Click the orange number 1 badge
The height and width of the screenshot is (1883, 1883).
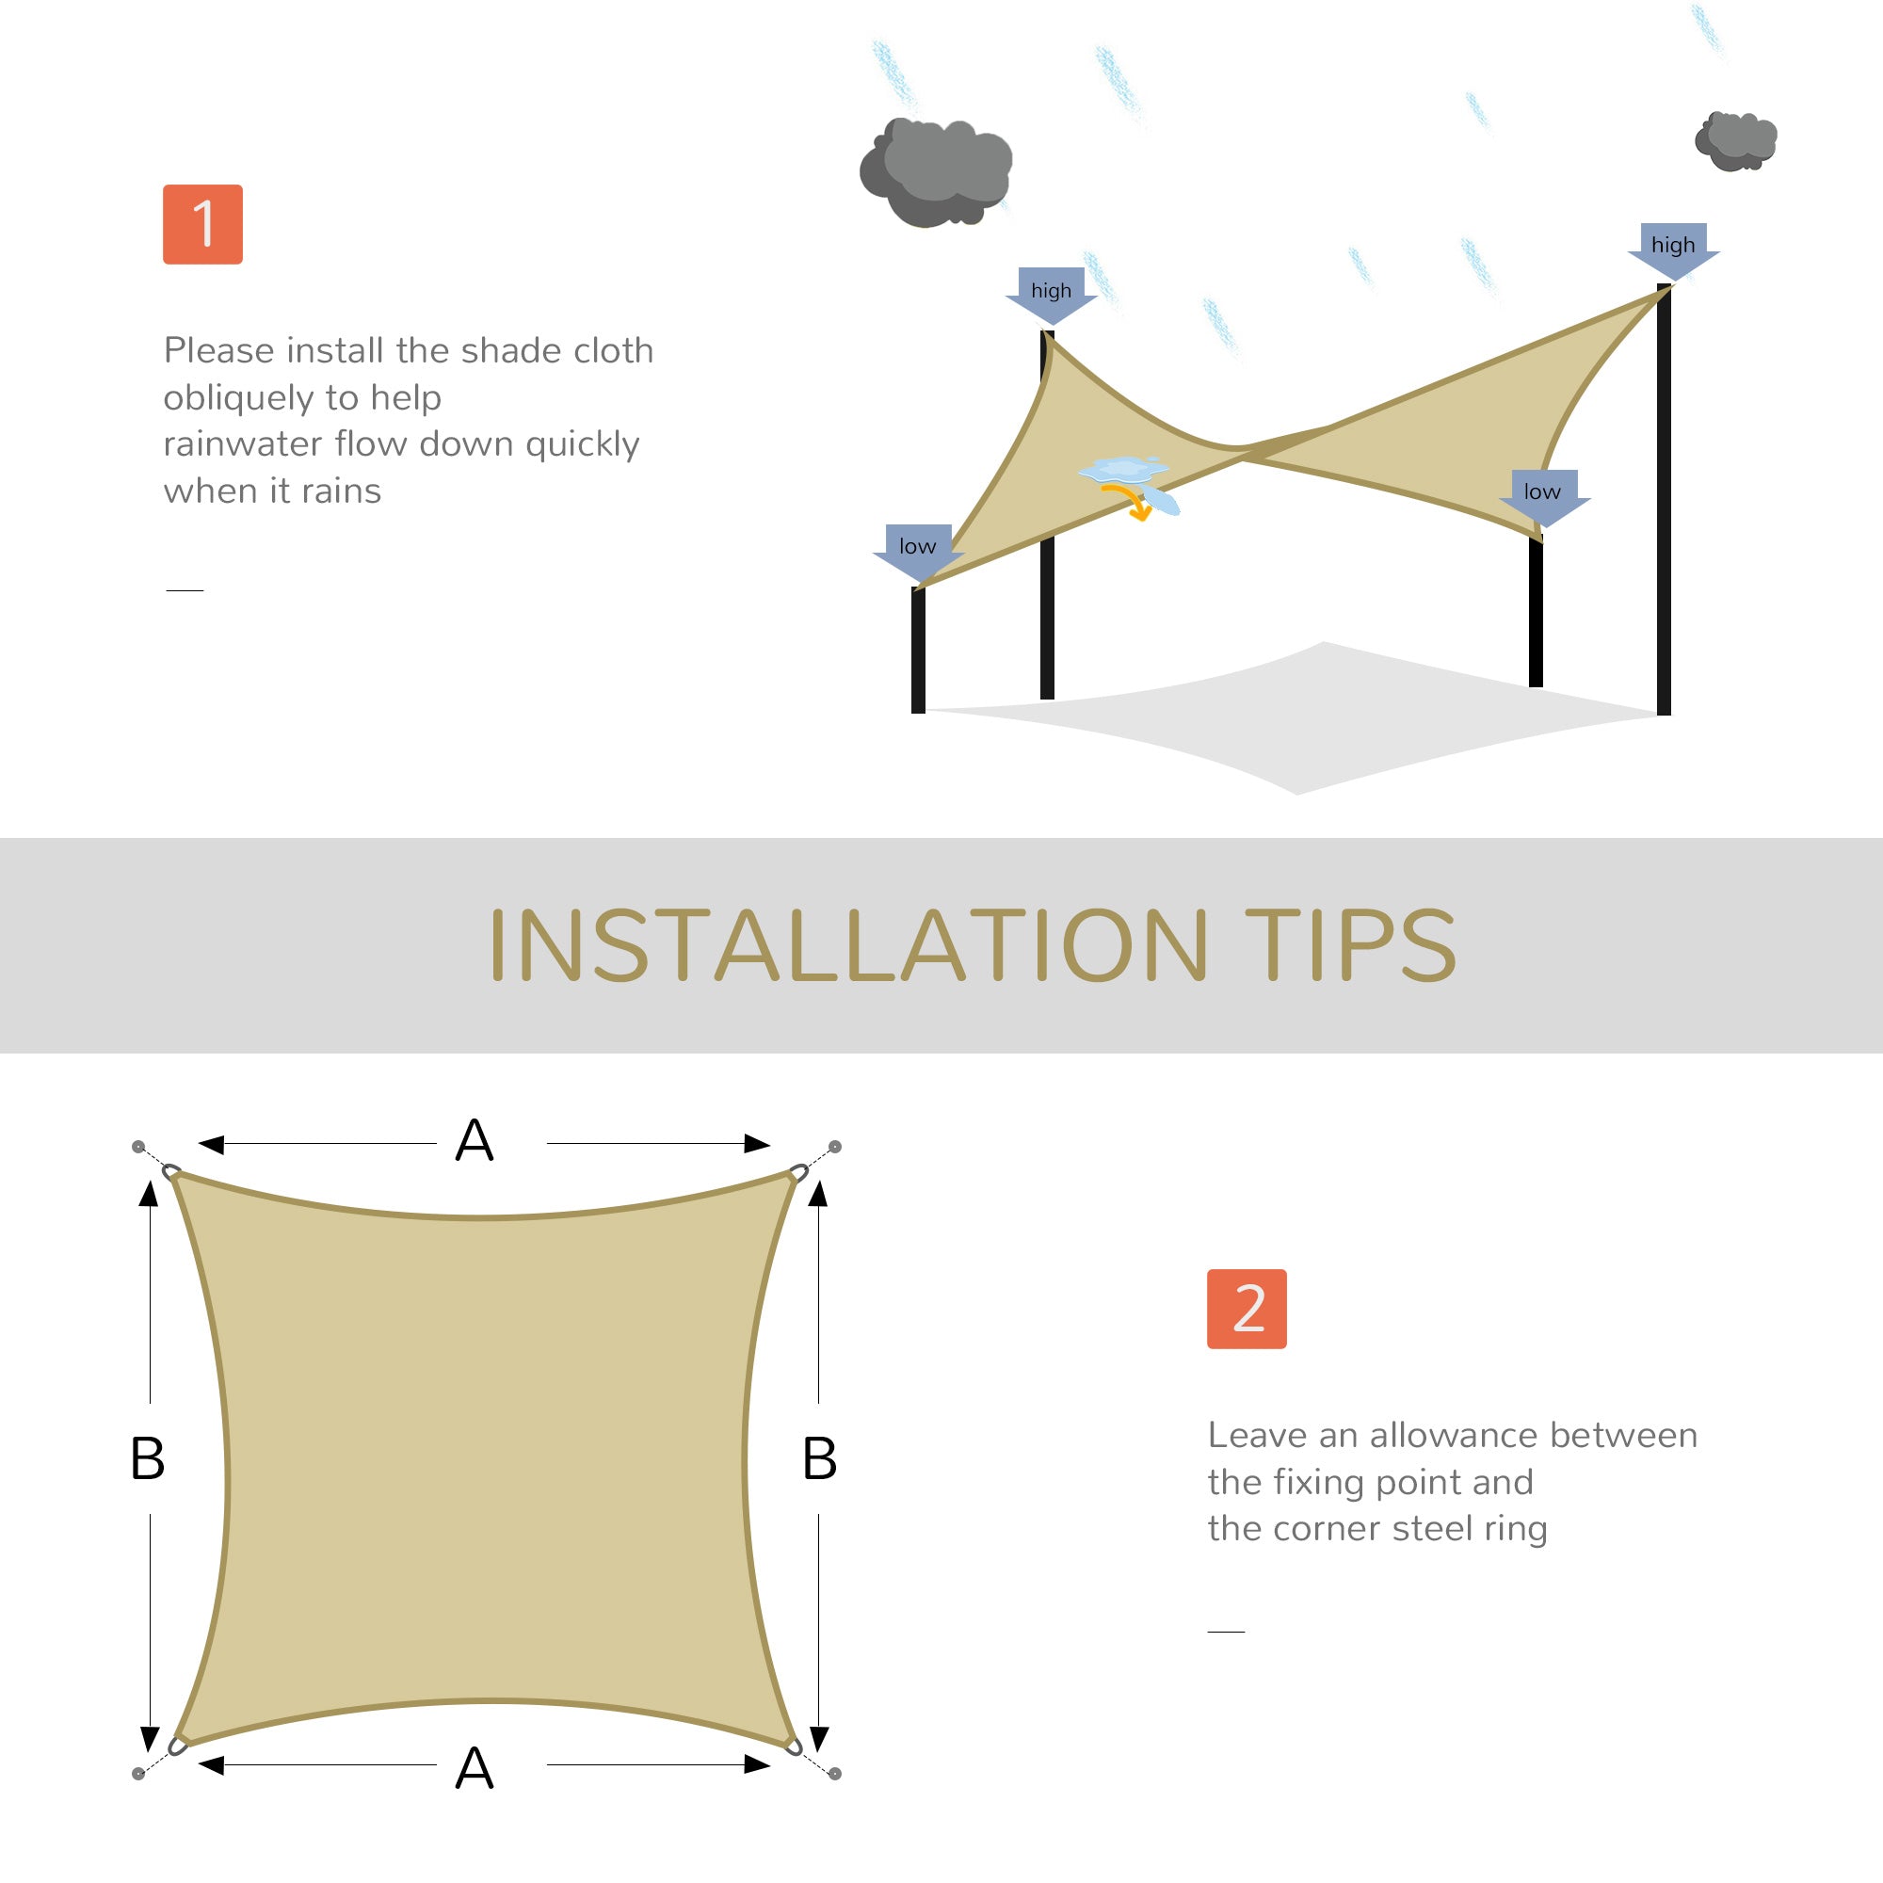click(x=202, y=224)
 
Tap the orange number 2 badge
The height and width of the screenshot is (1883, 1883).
click(x=1247, y=1309)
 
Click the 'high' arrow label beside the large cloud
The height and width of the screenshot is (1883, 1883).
click(x=1051, y=293)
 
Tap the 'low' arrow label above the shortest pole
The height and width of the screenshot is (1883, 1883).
click(x=918, y=548)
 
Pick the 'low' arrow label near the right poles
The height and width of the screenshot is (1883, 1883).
click(x=1543, y=493)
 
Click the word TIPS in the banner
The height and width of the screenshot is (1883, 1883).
click(x=1350, y=945)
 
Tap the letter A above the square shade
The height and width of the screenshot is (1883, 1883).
click(x=475, y=1141)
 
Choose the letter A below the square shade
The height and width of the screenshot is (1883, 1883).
click(x=475, y=1769)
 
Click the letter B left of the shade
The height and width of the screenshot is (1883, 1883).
click(x=147, y=1459)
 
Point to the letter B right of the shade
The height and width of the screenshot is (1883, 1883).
click(x=820, y=1459)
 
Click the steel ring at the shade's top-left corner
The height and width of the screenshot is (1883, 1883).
click(x=171, y=1171)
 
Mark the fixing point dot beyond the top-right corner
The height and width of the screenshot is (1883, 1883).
click(x=835, y=1146)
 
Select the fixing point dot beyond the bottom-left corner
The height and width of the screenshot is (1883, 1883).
click(x=138, y=1774)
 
